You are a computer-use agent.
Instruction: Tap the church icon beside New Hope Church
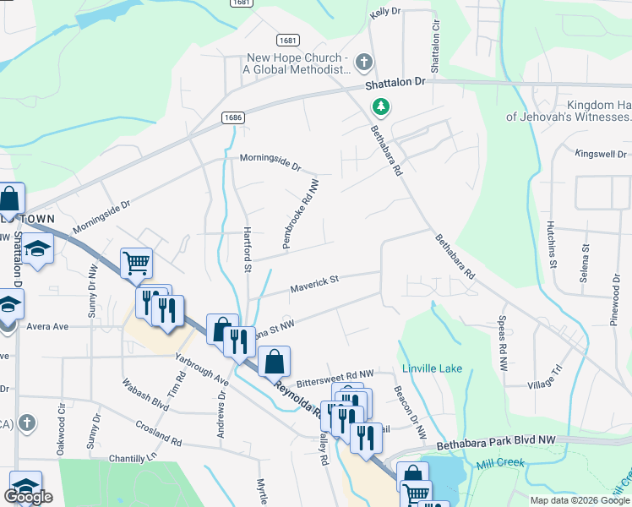point(364,62)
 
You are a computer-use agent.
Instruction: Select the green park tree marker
point(382,107)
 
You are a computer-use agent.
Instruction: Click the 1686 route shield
point(236,118)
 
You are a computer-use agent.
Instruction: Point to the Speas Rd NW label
point(502,344)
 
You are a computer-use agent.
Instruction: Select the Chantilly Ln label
point(133,458)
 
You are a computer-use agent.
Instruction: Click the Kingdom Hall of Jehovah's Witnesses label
point(569,111)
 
